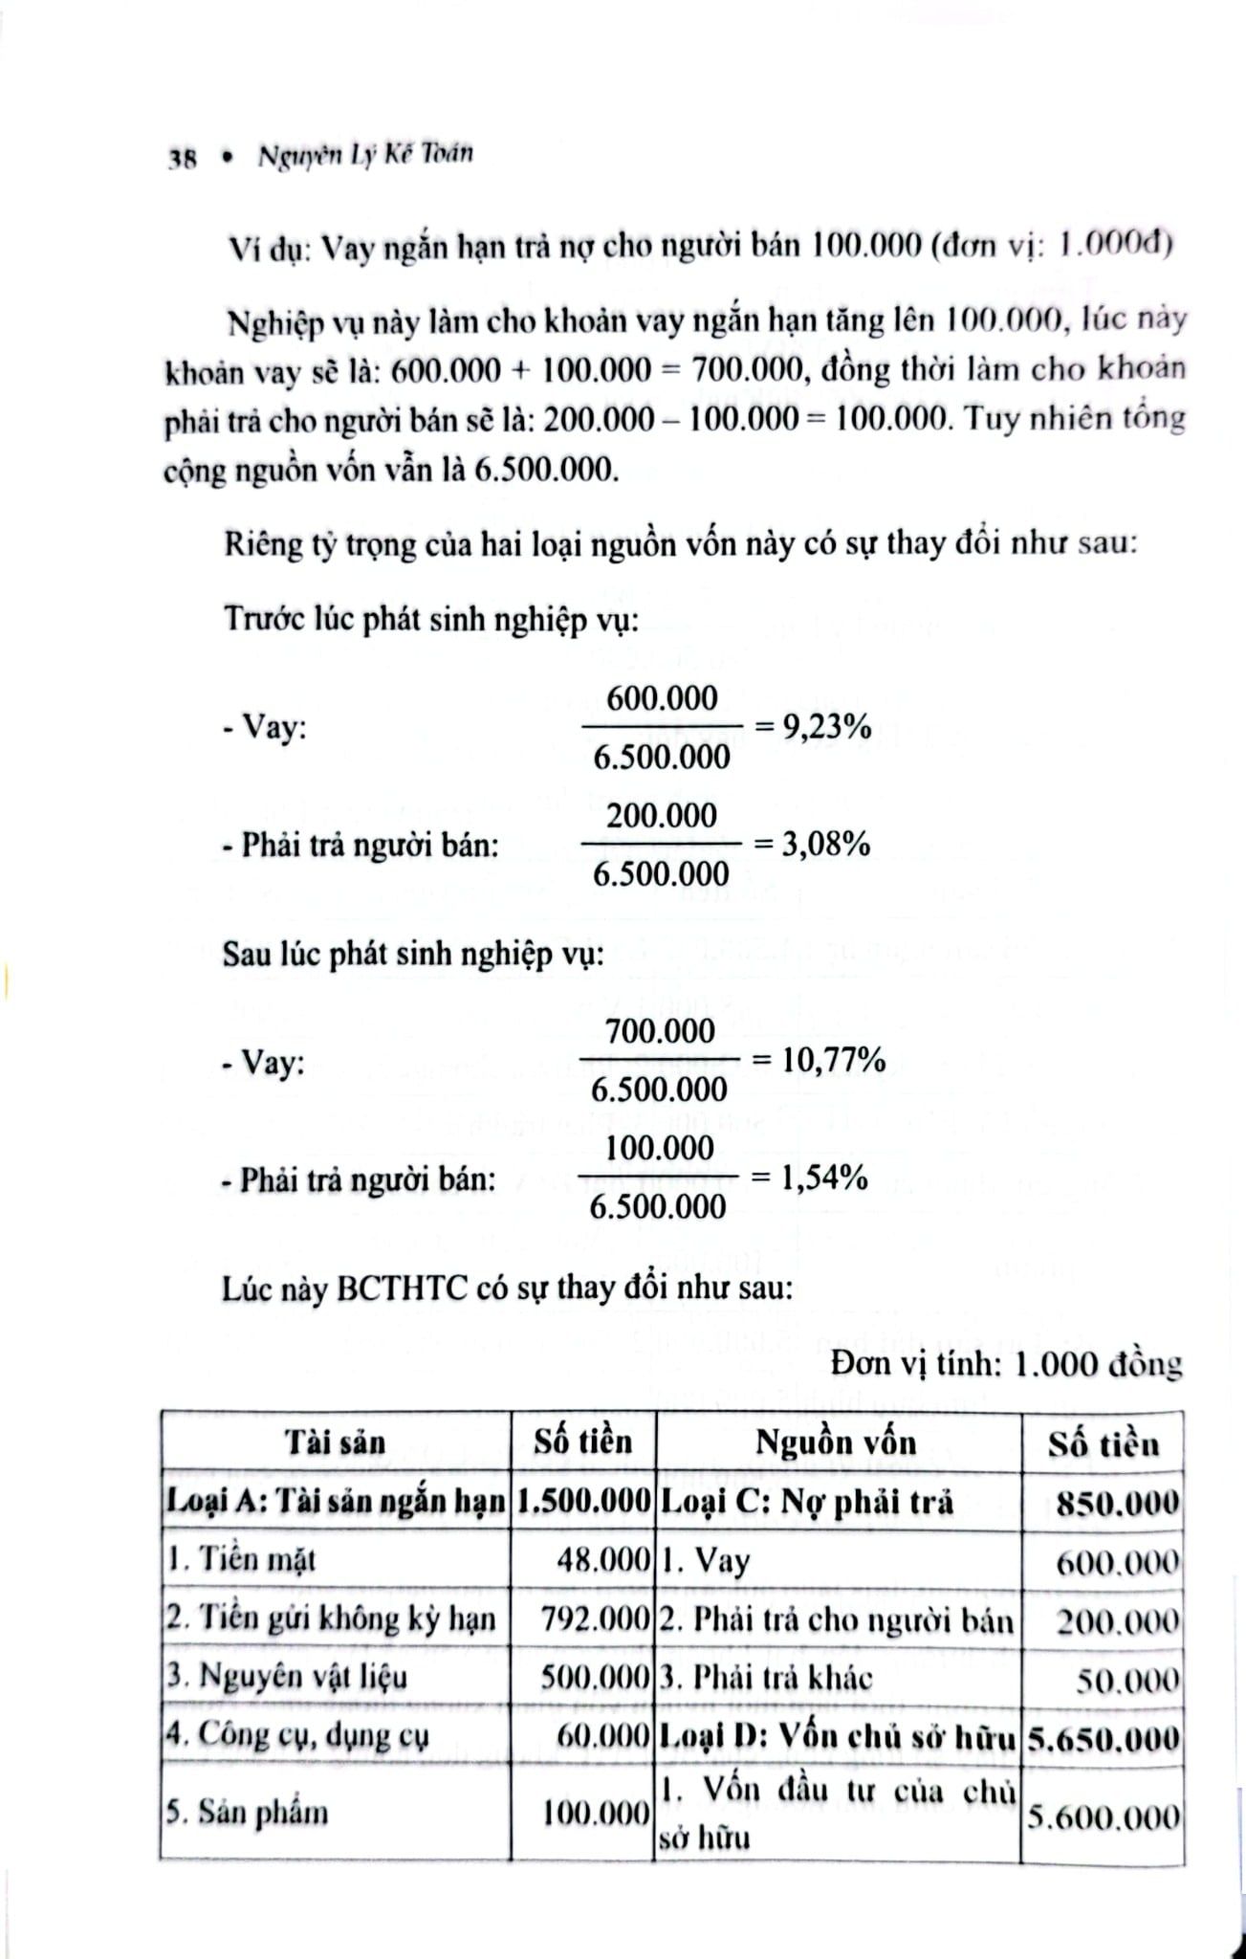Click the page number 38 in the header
click(x=182, y=160)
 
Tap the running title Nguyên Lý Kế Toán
click(x=364, y=156)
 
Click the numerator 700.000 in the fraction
click(x=660, y=1031)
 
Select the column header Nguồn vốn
click(x=836, y=1442)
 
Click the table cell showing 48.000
click(x=603, y=1560)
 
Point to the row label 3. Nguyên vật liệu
click(x=287, y=1677)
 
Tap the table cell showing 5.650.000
click(x=1103, y=1737)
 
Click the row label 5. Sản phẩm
click(x=248, y=1813)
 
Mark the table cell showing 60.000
click(x=603, y=1736)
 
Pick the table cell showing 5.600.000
click(x=1103, y=1816)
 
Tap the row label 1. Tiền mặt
click(x=241, y=1560)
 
